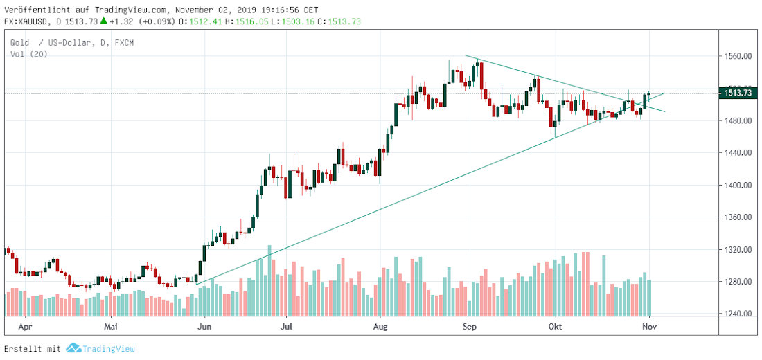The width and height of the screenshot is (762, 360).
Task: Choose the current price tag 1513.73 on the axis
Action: [x=738, y=93]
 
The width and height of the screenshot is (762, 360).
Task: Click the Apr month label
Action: [x=26, y=324]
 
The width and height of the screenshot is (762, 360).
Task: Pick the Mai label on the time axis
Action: [x=111, y=324]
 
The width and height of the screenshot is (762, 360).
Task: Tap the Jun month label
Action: [x=204, y=324]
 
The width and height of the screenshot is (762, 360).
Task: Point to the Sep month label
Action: [x=470, y=324]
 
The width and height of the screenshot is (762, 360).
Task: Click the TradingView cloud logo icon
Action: [x=73, y=348]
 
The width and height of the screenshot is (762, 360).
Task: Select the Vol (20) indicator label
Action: [x=28, y=53]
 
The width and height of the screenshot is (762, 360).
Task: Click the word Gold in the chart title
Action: [x=19, y=43]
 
